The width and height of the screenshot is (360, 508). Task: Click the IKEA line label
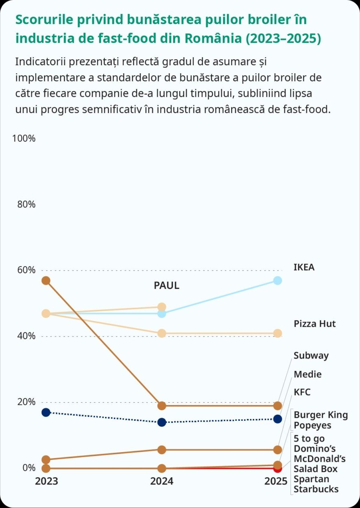point(304,268)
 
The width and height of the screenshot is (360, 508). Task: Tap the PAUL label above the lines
point(166,286)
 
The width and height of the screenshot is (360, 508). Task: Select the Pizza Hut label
point(315,324)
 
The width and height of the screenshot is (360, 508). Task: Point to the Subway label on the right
point(311,356)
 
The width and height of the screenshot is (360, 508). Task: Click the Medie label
point(307,374)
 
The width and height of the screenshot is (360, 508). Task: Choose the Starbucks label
point(316,489)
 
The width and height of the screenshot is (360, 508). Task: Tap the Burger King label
point(321,415)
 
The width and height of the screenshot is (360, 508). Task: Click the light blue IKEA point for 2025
point(277,281)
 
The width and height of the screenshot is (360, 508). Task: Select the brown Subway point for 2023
point(46,281)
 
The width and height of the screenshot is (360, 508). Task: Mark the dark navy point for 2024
point(161,422)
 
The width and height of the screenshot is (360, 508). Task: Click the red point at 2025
point(277,469)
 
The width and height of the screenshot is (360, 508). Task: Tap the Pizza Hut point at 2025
point(277,334)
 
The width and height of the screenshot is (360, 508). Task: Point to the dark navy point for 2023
point(46,412)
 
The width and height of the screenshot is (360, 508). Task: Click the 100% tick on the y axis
point(24,138)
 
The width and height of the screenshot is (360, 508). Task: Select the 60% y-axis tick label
point(26,270)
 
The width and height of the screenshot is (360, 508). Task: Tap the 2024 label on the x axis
point(162,481)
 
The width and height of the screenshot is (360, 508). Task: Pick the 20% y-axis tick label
point(26,402)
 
